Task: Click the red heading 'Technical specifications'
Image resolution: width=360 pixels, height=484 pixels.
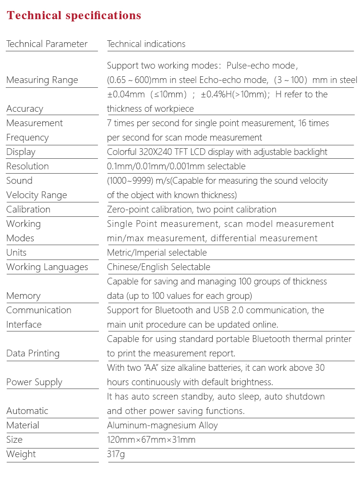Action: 74,15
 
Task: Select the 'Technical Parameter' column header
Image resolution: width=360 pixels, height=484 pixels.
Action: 47,44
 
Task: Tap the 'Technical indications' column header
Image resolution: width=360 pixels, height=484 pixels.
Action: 146,44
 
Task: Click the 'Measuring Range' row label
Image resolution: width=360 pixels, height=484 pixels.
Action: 42,80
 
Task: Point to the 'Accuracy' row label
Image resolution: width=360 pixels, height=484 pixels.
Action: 24,109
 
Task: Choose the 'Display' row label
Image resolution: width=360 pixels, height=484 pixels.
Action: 21,152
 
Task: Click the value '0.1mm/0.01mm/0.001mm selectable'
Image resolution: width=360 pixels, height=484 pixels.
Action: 176,166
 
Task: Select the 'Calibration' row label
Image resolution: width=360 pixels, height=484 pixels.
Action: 28,210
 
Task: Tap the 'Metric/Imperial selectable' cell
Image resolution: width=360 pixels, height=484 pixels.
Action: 157,253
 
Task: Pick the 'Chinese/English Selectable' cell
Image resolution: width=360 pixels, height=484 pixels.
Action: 158,267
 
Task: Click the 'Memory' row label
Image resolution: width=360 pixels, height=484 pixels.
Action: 23,296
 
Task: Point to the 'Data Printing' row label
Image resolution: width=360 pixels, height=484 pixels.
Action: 33,354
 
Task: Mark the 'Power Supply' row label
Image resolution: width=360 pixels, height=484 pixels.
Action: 34,382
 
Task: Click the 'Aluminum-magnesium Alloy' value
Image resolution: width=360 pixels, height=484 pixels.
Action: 162,425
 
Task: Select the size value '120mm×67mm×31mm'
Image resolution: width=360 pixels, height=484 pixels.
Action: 151,440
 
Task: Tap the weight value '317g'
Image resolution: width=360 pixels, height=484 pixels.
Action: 116,454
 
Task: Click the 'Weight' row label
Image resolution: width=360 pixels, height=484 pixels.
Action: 21,454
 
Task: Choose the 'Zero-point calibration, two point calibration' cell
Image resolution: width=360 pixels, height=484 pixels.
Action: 192,210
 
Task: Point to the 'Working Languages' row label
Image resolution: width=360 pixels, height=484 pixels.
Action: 47,267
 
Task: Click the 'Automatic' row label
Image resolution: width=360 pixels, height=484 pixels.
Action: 27,411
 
